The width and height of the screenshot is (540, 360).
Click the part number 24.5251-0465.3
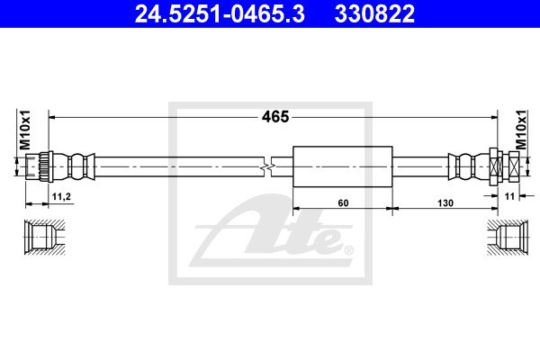[x=220, y=13]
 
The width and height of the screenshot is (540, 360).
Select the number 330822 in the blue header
[x=374, y=13]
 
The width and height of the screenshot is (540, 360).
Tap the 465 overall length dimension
[x=275, y=117]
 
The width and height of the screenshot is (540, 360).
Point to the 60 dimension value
[x=343, y=203]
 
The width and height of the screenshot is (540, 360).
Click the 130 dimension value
[x=445, y=203]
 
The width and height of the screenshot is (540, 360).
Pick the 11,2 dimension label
[x=61, y=197]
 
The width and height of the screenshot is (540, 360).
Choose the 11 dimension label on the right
[x=509, y=196]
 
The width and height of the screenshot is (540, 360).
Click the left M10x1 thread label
[x=25, y=130]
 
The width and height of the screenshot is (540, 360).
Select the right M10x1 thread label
[x=521, y=130]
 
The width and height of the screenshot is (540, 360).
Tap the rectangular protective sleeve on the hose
[x=343, y=166]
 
